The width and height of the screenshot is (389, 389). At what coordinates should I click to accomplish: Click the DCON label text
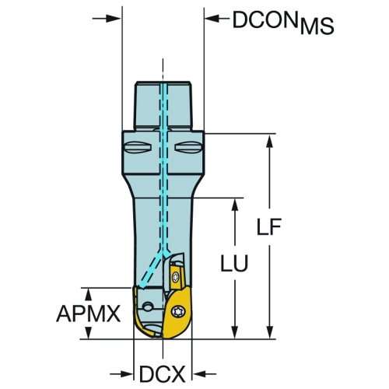click(265, 19)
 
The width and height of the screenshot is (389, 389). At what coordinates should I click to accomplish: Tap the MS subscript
click(317, 26)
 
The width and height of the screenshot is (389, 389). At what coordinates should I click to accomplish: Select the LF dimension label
click(269, 227)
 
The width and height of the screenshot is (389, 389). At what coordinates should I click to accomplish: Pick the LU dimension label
click(234, 263)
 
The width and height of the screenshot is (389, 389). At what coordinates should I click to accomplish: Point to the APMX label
click(89, 314)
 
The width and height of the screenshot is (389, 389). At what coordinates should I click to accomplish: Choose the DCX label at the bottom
click(163, 374)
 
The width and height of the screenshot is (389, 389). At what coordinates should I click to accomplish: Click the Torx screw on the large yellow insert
click(179, 310)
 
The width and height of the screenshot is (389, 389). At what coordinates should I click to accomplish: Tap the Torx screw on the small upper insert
click(176, 277)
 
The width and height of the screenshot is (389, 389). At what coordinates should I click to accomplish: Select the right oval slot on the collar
click(188, 147)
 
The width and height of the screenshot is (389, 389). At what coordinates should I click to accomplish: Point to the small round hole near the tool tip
click(148, 307)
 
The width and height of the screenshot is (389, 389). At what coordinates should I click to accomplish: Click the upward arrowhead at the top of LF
click(270, 141)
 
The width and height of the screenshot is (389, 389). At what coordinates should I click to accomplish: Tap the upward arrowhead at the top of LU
click(235, 205)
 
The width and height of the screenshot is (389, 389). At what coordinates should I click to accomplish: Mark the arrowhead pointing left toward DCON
click(212, 19)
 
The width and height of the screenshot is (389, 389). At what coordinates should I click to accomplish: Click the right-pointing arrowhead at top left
click(114, 19)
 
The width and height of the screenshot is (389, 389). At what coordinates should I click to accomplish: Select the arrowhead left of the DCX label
click(126, 374)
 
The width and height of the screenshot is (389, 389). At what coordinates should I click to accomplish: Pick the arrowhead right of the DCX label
click(199, 374)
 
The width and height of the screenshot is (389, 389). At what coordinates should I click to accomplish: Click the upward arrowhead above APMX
click(89, 295)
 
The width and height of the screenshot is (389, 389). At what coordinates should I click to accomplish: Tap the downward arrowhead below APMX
click(89, 332)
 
